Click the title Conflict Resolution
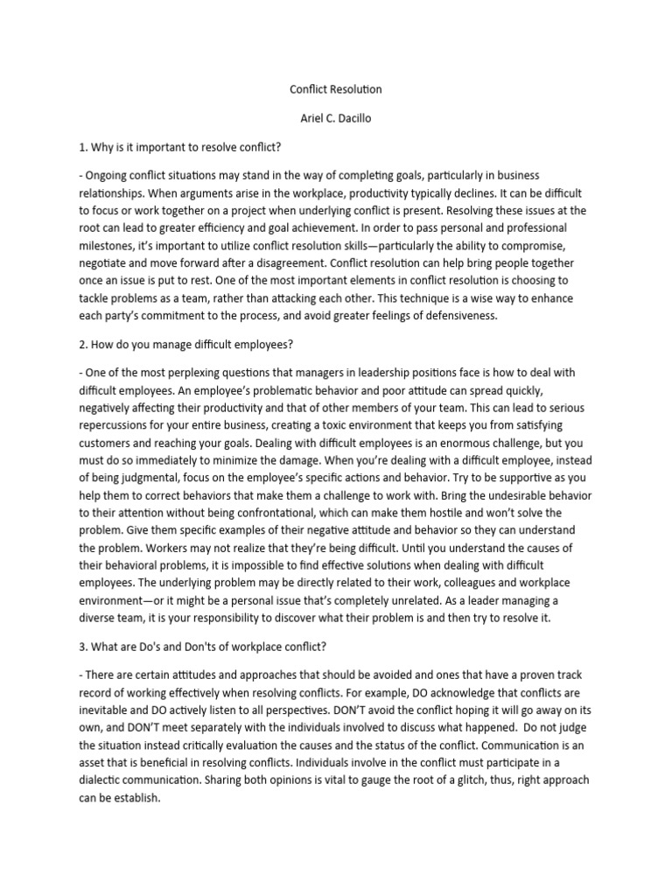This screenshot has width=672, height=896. [335, 89]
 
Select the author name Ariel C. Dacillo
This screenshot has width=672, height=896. [335, 118]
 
